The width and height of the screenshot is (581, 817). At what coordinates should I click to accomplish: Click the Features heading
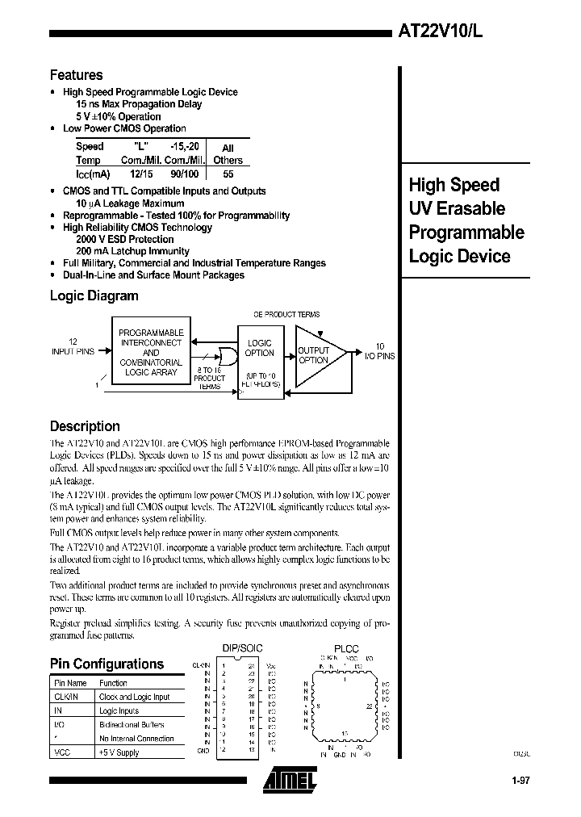tap(77, 75)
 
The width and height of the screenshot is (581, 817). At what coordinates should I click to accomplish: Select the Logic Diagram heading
tap(94, 295)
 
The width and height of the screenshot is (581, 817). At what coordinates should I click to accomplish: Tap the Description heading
tap(85, 426)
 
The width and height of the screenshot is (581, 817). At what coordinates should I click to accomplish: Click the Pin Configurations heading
tap(107, 664)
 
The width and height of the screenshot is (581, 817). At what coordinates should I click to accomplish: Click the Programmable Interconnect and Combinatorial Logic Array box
tap(151, 353)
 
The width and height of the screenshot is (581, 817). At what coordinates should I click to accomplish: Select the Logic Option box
tap(259, 349)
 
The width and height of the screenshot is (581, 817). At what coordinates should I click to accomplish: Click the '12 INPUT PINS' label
tap(73, 348)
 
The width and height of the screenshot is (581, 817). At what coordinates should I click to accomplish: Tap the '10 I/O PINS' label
tap(379, 351)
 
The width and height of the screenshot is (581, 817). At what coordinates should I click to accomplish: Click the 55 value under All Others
tap(228, 173)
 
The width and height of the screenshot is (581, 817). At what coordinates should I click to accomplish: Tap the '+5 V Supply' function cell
tap(119, 752)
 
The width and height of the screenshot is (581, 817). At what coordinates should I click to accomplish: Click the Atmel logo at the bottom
tap(290, 779)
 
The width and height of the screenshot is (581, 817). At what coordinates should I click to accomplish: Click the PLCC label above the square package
tap(346, 648)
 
